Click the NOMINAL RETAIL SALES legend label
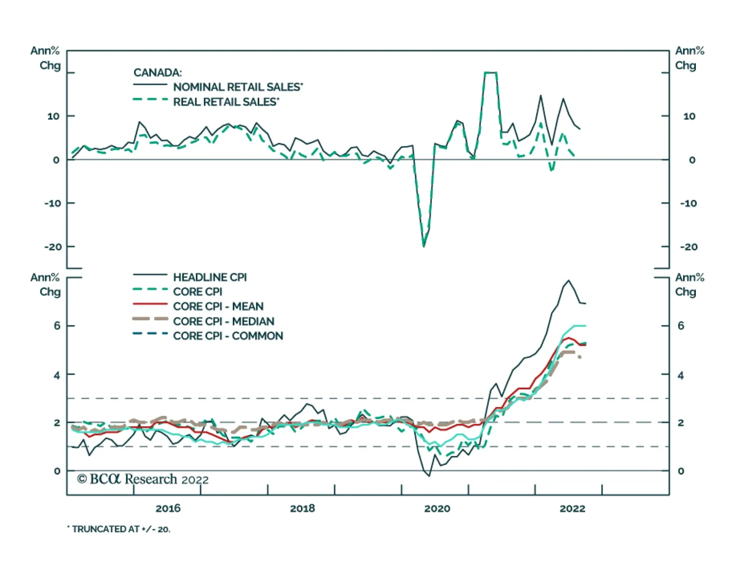pyautogui.click(x=237, y=87)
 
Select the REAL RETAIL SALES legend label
pyautogui.click(x=226, y=102)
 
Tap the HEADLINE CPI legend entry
pyautogui.click(x=210, y=277)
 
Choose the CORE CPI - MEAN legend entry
pyautogui.click(x=218, y=307)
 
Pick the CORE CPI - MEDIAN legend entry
pyautogui.click(x=223, y=321)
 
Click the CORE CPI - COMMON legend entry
pyautogui.click(x=228, y=336)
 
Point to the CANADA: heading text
pyautogui.click(x=157, y=73)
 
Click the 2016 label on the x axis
pyautogui.click(x=168, y=508)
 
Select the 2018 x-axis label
pyautogui.click(x=302, y=508)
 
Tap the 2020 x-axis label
pyautogui.click(x=437, y=508)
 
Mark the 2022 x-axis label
pyautogui.click(x=572, y=508)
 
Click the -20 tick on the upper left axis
pyautogui.click(x=53, y=247)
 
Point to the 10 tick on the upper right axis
pyautogui.click(x=689, y=116)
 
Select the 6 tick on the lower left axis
pyautogui.click(x=57, y=326)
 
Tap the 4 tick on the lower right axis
pyautogui.click(x=681, y=375)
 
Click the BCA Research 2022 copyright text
pyautogui.click(x=143, y=479)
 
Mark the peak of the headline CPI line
pyautogui.click(x=569, y=280)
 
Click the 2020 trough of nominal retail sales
pyautogui.click(x=424, y=247)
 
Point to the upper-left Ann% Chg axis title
pyautogui.click(x=45, y=58)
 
